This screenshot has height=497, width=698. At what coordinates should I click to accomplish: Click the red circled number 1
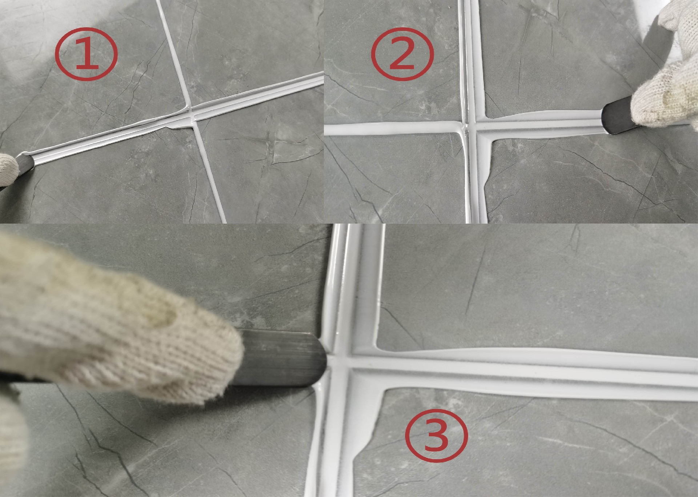click(86, 55)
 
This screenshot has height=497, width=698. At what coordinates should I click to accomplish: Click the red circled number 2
click(402, 55)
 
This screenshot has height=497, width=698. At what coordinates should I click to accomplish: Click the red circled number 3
click(436, 434)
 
